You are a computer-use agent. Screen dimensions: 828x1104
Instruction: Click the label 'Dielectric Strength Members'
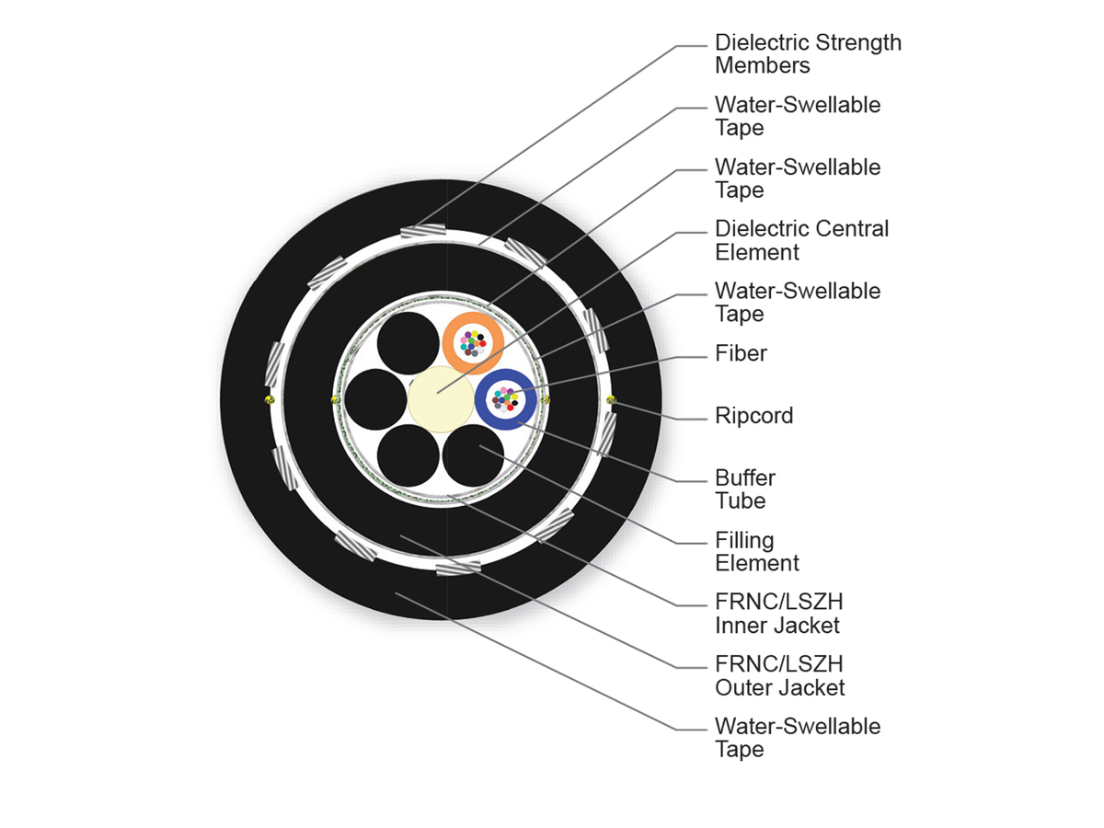tap(808, 54)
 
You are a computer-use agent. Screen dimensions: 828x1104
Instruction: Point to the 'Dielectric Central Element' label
tap(801, 240)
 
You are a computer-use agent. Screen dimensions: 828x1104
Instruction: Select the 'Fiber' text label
tap(741, 353)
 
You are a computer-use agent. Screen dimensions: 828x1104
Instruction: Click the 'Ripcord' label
tap(753, 416)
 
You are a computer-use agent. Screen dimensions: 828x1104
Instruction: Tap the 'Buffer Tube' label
tap(745, 489)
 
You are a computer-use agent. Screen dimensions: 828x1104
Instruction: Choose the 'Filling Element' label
tap(756, 551)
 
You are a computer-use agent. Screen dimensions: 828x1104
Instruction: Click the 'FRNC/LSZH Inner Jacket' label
tap(778, 614)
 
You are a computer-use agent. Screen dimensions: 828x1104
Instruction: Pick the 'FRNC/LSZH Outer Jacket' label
tap(779, 675)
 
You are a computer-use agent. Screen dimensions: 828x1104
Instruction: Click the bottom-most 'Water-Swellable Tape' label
tap(797, 738)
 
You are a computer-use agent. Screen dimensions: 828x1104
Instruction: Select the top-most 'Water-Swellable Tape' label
tap(797, 116)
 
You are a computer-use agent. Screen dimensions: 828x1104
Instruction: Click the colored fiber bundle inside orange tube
tap(473, 343)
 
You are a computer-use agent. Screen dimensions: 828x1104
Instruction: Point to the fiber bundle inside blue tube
tap(504, 398)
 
